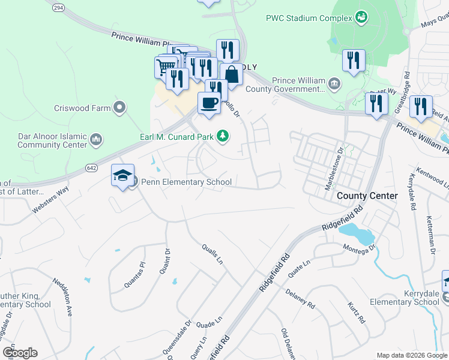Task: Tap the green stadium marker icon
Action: pyautogui.click(x=361, y=17)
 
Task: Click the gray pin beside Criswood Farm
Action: pyautogui.click(x=119, y=108)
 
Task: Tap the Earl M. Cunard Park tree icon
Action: pyautogui.click(x=223, y=137)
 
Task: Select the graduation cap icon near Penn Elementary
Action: pyautogui.click(x=122, y=175)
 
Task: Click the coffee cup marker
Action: pyautogui.click(x=209, y=103)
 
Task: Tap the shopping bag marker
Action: pyautogui.click(x=231, y=74)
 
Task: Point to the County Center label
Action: pyautogui.click(x=367, y=196)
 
